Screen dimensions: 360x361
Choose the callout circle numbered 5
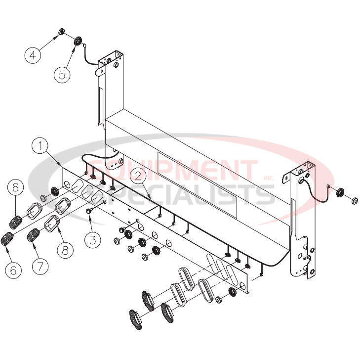62,74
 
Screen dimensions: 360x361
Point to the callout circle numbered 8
65,250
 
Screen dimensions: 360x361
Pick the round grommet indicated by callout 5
78,40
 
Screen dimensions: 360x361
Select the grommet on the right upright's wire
340,192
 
